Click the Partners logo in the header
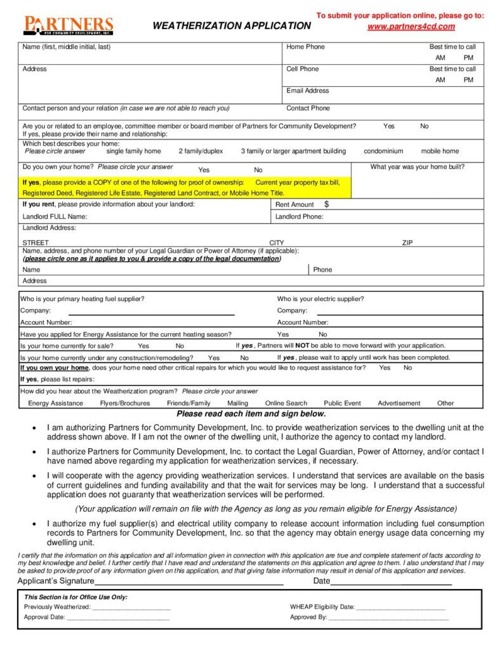pos(68,25)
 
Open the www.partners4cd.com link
pos(411,26)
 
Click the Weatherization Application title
pos(232,26)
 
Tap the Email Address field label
pos(308,91)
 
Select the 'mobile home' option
pos(440,151)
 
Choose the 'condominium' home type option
pos(383,151)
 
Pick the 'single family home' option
pos(133,151)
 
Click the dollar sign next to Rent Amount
pos(326,204)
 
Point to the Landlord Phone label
pos(299,216)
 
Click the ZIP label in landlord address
pos(407,242)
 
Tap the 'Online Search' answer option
pos(286,403)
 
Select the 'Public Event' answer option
pos(342,403)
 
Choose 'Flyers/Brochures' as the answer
pos(125,403)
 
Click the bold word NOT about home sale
pos(302,346)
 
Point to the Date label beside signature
pos(322,581)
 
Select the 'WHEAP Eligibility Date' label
pos(322,607)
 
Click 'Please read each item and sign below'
pos(251,414)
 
